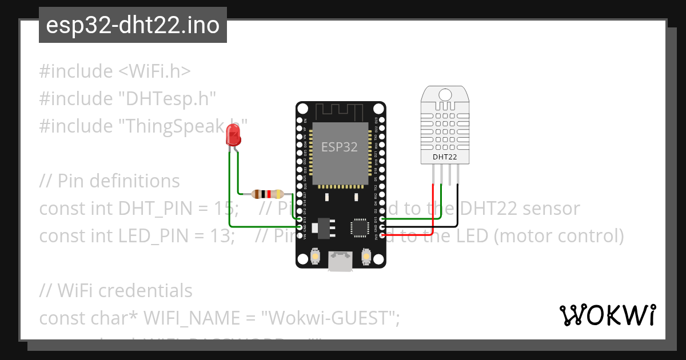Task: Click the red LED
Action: tap(233, 135)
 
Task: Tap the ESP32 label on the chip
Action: tap(339, 147)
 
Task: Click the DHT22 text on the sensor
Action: tap(444, 156)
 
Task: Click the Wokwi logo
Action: tap(607, 315)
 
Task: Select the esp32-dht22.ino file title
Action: tap(133, 25)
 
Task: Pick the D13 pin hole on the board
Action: tap(299, 219)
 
